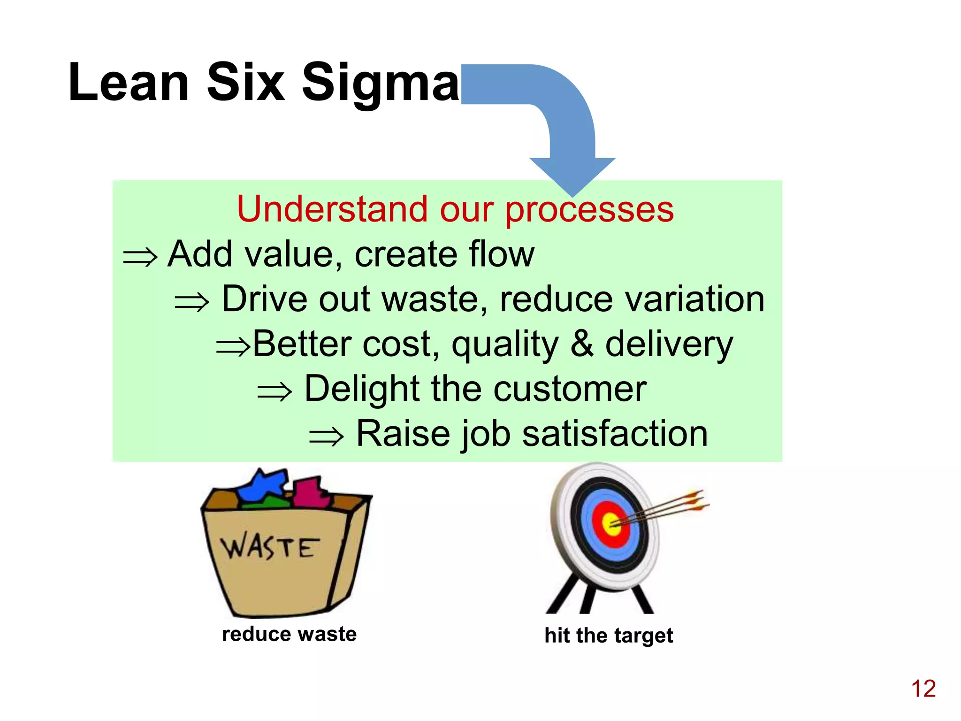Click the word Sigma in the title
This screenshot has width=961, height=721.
(x=380, y=84)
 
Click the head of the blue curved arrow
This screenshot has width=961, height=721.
(x=572, y=176)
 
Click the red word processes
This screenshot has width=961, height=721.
(x=589, y=210)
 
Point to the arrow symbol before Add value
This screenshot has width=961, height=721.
(x=140, y=257)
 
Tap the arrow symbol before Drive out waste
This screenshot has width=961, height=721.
(x=191, y=302)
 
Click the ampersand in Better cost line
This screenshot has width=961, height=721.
(x=581, y=343)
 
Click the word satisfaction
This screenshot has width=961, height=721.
(x=615, y=434)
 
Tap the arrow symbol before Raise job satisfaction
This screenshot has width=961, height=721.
(x=327, y=437)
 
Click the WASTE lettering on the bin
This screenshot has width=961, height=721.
(x=270, y=547)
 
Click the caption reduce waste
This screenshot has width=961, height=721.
(x=289, y=634)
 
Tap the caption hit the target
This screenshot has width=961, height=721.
(x=609, y=636)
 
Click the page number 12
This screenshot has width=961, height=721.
(x=923, y=689)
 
